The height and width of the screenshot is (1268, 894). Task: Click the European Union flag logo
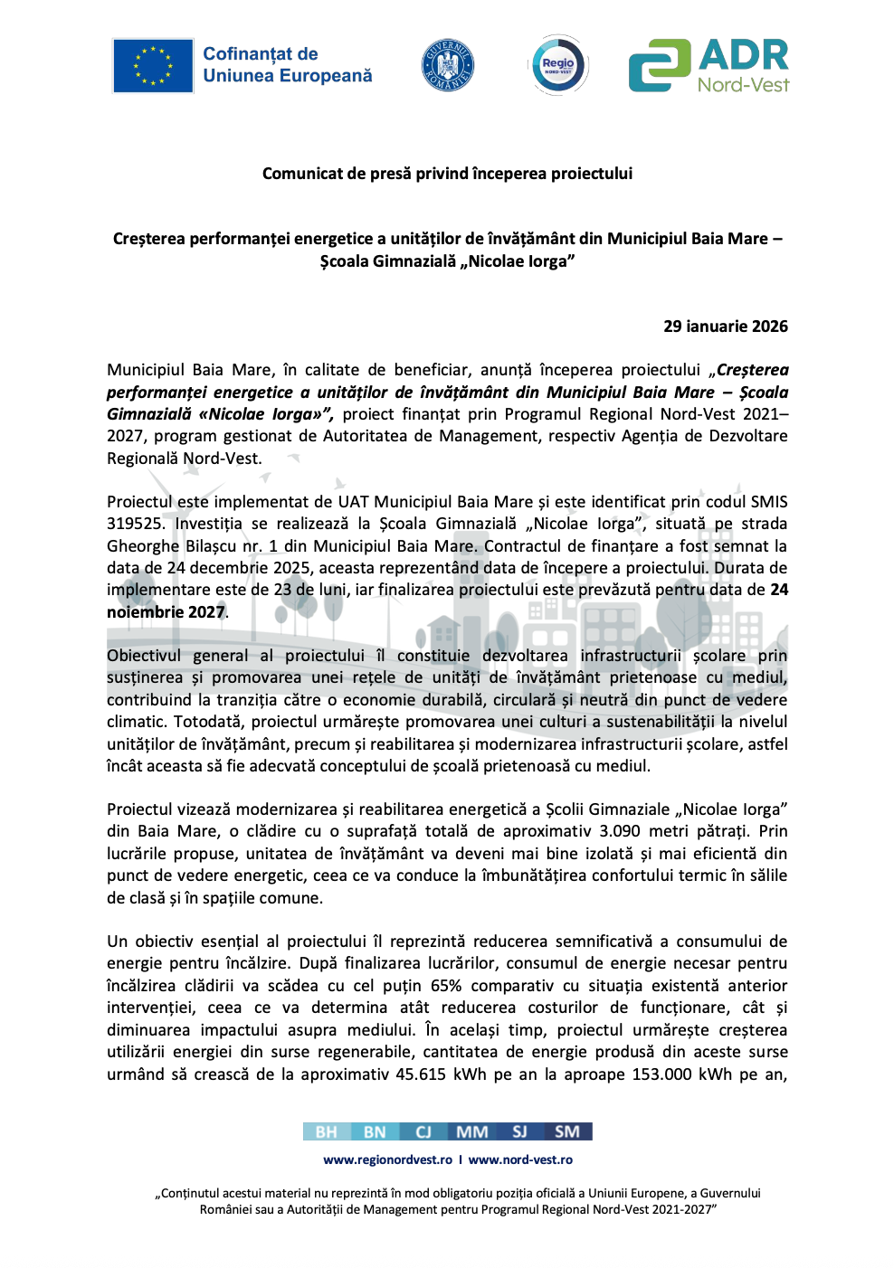(x=152, y=66)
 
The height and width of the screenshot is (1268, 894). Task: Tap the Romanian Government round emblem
(x=447, y=65)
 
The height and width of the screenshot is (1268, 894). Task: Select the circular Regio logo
(x=557, y=65)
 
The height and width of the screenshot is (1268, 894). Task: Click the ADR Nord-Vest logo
(x=709, y=65)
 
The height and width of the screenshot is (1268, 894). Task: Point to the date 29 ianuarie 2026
(x=725, y=326)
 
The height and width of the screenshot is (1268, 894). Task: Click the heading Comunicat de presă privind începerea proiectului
(x=447, y=174)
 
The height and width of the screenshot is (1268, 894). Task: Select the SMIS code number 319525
(x=135, y=524)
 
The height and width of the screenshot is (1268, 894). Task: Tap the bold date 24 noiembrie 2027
(x=166, y=611)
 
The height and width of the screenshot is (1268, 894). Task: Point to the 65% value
(x=445, y=986)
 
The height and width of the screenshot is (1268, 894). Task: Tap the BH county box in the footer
(x=327, y=1131)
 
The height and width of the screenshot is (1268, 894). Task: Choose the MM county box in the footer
(x=471, y=1131)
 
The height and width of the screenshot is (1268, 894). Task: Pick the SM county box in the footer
(x=567, y=1131)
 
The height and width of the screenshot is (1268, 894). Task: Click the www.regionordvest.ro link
(x=387, y=1159)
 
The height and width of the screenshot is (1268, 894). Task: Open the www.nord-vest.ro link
(x=520, y=1159)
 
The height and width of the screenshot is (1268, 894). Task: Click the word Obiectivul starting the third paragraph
(x=144, y=656)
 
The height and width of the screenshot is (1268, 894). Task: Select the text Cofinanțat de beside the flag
(x=260, y=54)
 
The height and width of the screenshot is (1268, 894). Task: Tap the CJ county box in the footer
(x=423, y=1131)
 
